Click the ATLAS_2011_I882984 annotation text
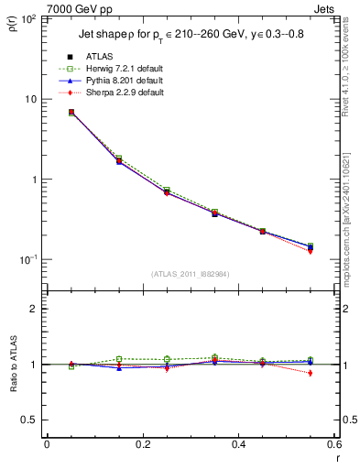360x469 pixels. click(x=190, y=274)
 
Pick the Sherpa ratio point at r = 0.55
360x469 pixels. click(x=310, y=373)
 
